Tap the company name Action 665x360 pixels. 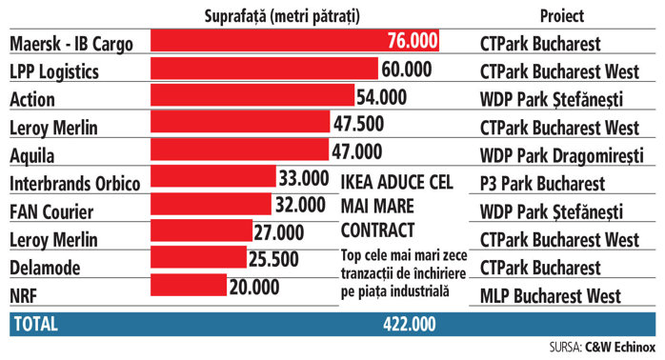pyautogui.click(x=31, y=97)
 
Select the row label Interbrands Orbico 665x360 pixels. pyautogui.click(x=74, y=181)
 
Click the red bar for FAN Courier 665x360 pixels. pyautogui.click(x=209, y=208)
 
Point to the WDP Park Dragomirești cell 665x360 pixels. pyautogui.click(x=562, y=152)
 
